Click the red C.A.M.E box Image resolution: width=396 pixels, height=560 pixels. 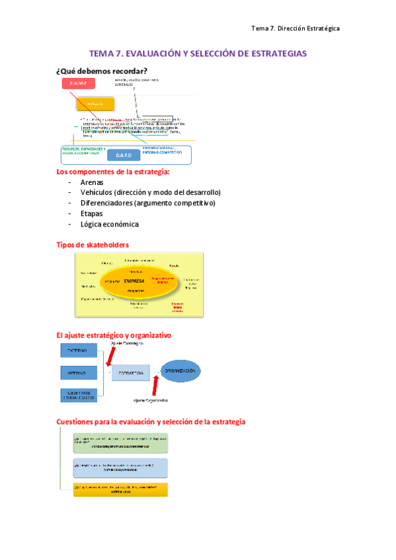pyautogui.click(x=79, y=83)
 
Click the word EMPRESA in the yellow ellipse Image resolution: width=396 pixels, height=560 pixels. pyautogui.click(x=134, y=281)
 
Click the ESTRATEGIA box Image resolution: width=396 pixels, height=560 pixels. pyautogui.click(x=130, y=373)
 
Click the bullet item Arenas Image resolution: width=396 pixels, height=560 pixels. pyautogui.click(x=92, y=182)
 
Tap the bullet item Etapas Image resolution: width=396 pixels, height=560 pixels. pyautogui.click(x=91, y=213)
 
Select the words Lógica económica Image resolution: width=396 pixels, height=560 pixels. pyautogui.click(x=109, y=224)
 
